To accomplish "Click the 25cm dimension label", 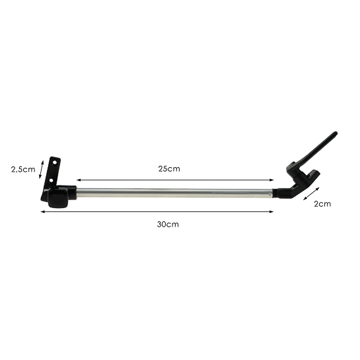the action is click(169, 168).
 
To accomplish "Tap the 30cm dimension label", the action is click(168, 225).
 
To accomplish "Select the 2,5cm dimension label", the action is click(23, 170).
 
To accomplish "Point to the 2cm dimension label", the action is click(322, 204).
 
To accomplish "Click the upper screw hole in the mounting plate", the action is click(55, 162).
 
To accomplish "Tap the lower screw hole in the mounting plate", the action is click(52, 180).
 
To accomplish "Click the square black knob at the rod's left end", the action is click(58, 198).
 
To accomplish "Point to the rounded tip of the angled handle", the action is click(336, 133).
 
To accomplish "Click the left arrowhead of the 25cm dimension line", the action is click(78, 180).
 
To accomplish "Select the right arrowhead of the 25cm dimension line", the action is click(272, 180).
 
